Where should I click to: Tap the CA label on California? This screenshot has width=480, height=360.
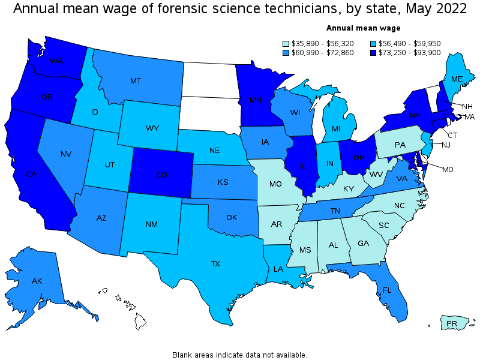coord(31,175)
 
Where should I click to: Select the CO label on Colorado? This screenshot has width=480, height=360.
coord(161,175)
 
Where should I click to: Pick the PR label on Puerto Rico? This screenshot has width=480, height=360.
coord(452,324)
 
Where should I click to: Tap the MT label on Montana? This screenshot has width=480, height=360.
coord(135,80)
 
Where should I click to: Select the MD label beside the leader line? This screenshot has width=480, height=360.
coord(448,170)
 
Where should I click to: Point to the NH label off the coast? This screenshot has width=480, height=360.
coord(467,106)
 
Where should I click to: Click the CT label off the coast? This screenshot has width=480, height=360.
coord(453,135)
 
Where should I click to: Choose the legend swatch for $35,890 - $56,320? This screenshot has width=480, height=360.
coord(286,43)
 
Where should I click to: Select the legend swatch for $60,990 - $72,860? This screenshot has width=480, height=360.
coord(286,52)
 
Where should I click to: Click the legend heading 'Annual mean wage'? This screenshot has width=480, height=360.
coord(363,28)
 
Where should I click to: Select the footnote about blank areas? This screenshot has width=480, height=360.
coord(239,355)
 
